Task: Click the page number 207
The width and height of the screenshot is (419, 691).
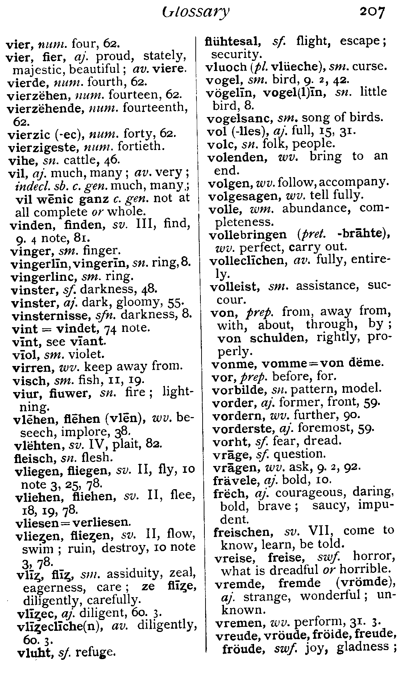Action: (372, 13)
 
